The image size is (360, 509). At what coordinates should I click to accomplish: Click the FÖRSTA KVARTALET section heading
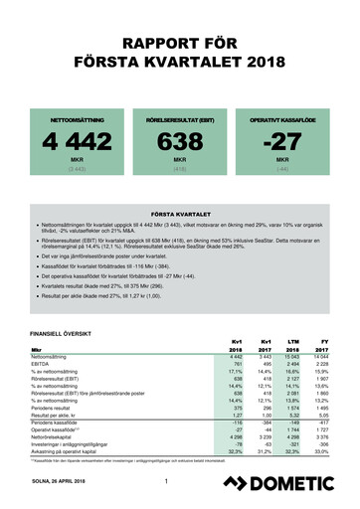point(179,213)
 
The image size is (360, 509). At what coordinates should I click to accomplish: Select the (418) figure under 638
point(179,168)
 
